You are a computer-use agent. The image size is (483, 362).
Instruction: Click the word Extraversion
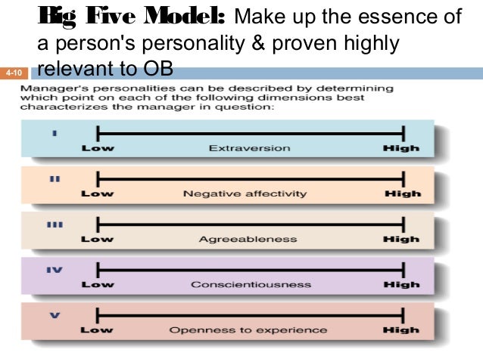click(249, 148)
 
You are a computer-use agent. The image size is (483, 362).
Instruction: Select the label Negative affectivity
click(245, 193)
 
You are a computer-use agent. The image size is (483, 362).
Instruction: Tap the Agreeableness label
click(248, 240)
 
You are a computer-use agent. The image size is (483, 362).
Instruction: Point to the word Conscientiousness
click(250, 285)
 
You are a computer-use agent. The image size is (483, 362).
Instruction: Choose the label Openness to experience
click(248, 330)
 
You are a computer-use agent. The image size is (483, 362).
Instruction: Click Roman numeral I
click(54, 135)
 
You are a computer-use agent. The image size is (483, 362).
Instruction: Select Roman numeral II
click(54, 180)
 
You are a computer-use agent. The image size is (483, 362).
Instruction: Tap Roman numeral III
click(54, 226)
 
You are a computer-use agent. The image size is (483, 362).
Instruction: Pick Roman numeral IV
click(54, 270)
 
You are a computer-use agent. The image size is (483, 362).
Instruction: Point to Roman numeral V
click(54, 317)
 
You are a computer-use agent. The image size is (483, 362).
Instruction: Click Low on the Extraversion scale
click(97, 148)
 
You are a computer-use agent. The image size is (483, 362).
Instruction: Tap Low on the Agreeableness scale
click(97, 240)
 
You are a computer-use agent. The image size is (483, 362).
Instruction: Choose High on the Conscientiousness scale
click(401, 285)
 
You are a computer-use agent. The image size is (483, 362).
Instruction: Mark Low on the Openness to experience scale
click(97, 330)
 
